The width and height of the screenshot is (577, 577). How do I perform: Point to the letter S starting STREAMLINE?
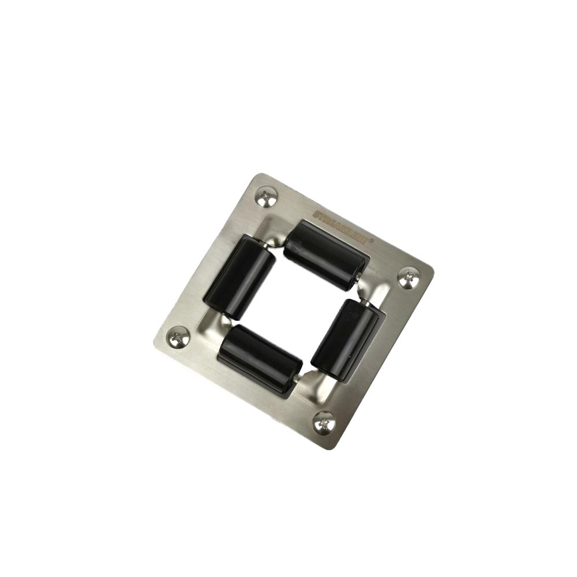click(x=317, y=213)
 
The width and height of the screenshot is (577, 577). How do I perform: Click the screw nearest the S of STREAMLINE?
click(x=267, y=198)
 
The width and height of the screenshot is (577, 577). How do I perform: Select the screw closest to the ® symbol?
click(x=409, y=278)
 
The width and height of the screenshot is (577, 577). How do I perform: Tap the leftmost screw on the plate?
click(x=178, y=337)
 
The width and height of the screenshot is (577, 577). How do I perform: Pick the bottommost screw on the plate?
click(x=324, y=424)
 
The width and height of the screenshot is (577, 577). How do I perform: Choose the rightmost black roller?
click(x=348, y=340)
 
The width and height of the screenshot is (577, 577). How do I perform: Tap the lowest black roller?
click(x=260, y=359)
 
